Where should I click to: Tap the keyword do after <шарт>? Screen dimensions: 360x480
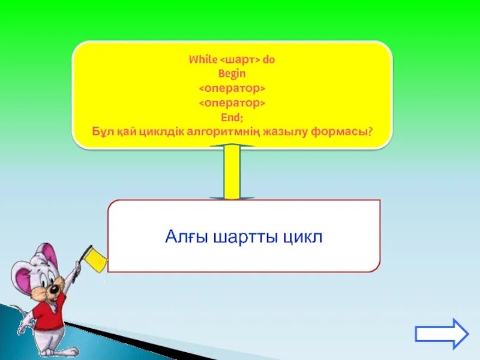tap(268, 60)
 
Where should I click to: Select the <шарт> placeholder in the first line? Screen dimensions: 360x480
tap(241, 60)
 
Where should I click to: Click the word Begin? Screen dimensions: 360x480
tap(232, 74)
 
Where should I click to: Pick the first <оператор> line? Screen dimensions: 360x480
tap(232, 89)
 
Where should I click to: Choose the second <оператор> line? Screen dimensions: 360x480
tap(232, 103)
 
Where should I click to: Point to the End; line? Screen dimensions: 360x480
tap(232, 118)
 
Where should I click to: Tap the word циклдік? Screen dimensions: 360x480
tap(160, 131)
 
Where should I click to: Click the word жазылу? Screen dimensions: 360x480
tap(284, 131)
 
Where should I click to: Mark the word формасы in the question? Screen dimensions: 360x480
tap(339, 131)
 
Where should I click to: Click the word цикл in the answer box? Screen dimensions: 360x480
tap(304, 237)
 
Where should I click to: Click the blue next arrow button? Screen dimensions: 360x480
tap(442, 334)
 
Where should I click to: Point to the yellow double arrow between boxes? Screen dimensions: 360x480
tap(232, 172)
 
